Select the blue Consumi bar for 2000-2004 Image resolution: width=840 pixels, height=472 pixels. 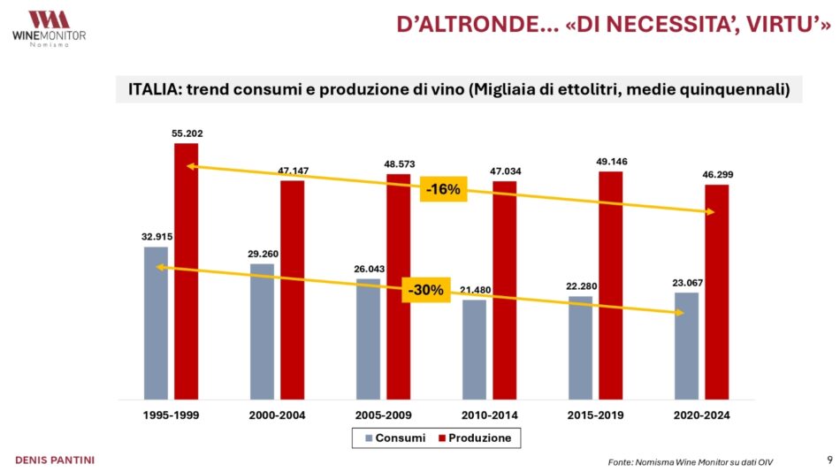coord(262,331)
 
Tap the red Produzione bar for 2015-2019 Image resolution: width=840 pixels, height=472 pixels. coord(610,284)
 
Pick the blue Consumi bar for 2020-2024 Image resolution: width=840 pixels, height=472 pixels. coord(686,345)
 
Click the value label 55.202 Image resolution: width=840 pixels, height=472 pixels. coord(187,134)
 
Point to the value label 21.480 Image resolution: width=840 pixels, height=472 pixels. coord(474,290)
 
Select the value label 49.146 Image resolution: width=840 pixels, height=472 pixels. coord(611,162)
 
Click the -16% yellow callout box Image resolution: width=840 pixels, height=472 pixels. coord(443,189)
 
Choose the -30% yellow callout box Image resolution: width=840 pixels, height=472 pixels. coord(424,290)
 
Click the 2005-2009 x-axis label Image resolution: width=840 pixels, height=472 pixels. coord(383,414)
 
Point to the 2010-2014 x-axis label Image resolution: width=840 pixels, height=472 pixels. coord(489,414)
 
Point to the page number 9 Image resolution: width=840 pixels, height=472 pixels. coord(829,459)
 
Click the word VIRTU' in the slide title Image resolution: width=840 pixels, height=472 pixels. coord(793,25)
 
